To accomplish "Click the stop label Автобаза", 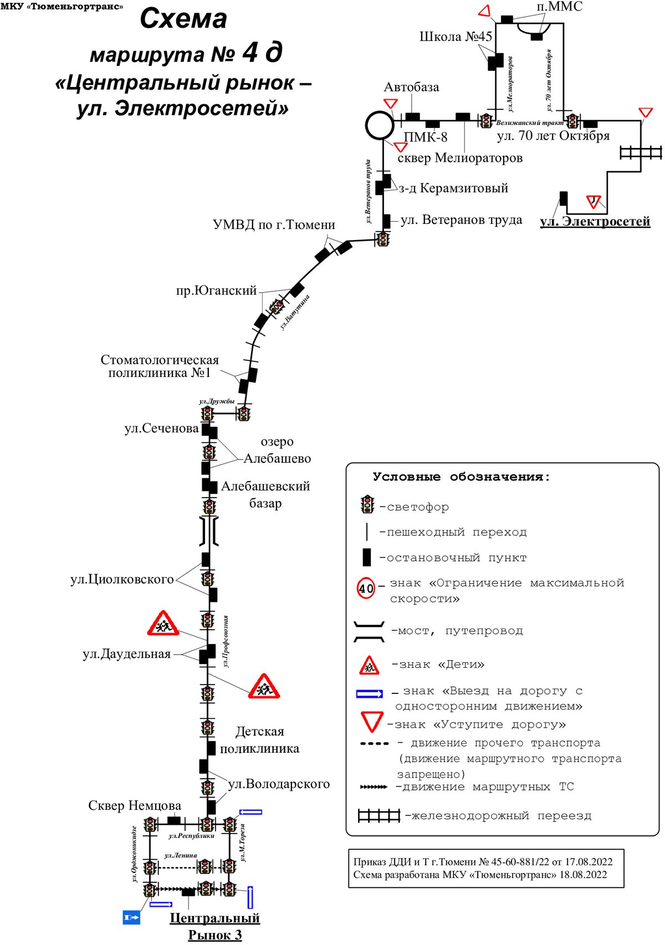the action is pos(411,87).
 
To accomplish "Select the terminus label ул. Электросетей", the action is pos(595,222).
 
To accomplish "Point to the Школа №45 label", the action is pos(456,37).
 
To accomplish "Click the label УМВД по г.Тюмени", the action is pos(274,225).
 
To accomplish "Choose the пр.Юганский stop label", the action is pos(216,290).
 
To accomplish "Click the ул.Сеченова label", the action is pos(161,428).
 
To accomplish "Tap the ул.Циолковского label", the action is pos(122,580).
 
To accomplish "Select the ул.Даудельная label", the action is pos(126,655).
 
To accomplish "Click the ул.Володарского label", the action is pos(279,784).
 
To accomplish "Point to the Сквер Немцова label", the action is pos(135,805).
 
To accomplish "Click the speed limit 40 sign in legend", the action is pos(366,588).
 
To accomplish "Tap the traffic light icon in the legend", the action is pos(367,504).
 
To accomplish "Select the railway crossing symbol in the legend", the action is pos(378,815).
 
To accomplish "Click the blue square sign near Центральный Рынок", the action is pos(131,917).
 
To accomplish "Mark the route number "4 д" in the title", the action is pos(262,53).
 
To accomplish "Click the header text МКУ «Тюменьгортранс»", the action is pos(62,6).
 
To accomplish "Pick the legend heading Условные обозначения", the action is pos(461,477).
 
